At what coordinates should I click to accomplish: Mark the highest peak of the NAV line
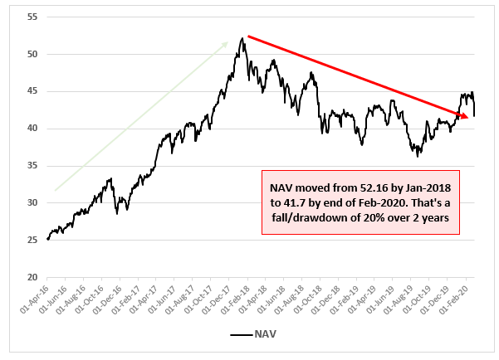pos(242,37)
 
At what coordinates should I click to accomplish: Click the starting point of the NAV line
pos(47,239)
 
